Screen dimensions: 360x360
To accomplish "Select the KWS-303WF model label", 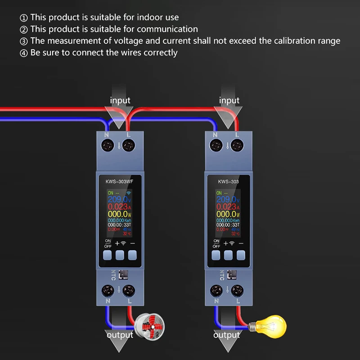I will click(x=120, y=182).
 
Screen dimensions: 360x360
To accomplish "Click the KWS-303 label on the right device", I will click(x=228, y=182).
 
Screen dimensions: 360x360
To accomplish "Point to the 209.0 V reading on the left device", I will click(x=120, y=199).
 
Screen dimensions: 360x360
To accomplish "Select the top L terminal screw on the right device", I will click(x=238, y=145).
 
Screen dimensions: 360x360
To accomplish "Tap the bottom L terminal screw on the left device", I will click(x=129, y=290).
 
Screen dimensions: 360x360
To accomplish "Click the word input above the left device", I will click(x=120, y=100).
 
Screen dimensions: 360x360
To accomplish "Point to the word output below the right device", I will click(x=227, y=335).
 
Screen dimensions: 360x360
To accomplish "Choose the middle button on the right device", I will click(x=228, y=255).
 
